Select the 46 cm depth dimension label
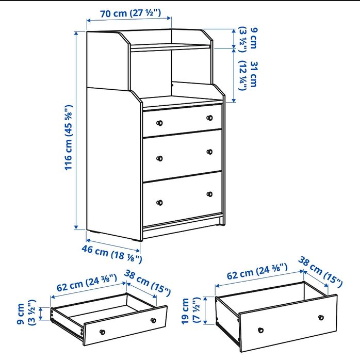111,254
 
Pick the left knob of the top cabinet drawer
159,122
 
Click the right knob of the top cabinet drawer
209,118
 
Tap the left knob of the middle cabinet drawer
159,157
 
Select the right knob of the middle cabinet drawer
209,152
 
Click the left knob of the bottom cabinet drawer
159,202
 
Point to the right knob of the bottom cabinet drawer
209,194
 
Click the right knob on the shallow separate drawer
153,320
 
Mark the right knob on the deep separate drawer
321,317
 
